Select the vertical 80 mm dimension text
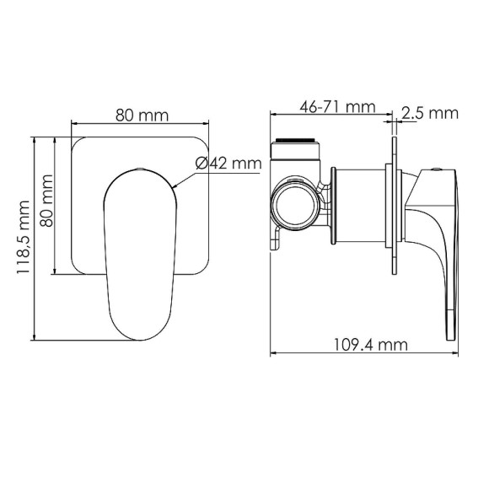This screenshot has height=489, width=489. pos(47,205)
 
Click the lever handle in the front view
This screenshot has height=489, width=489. pos(139,244)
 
